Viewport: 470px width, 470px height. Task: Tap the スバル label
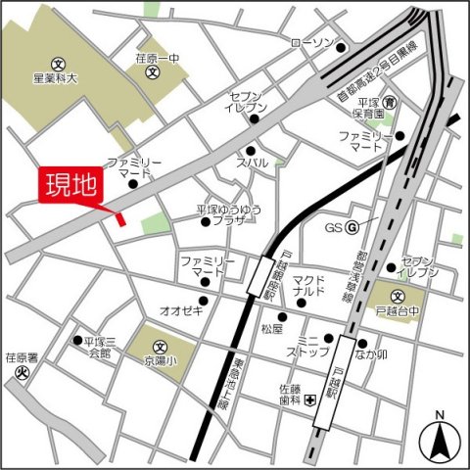pyautogui.click(x=252, y=164)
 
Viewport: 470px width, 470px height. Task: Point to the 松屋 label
pyautogui.click(x=271, y=330)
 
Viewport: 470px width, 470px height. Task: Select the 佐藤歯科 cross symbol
pyautogui.click(x=309, y=399)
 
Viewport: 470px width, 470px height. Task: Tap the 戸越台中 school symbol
pyautogui.click(x=399, y=297)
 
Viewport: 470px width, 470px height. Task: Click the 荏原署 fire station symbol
pyautogui.click(x=19, y=373)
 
